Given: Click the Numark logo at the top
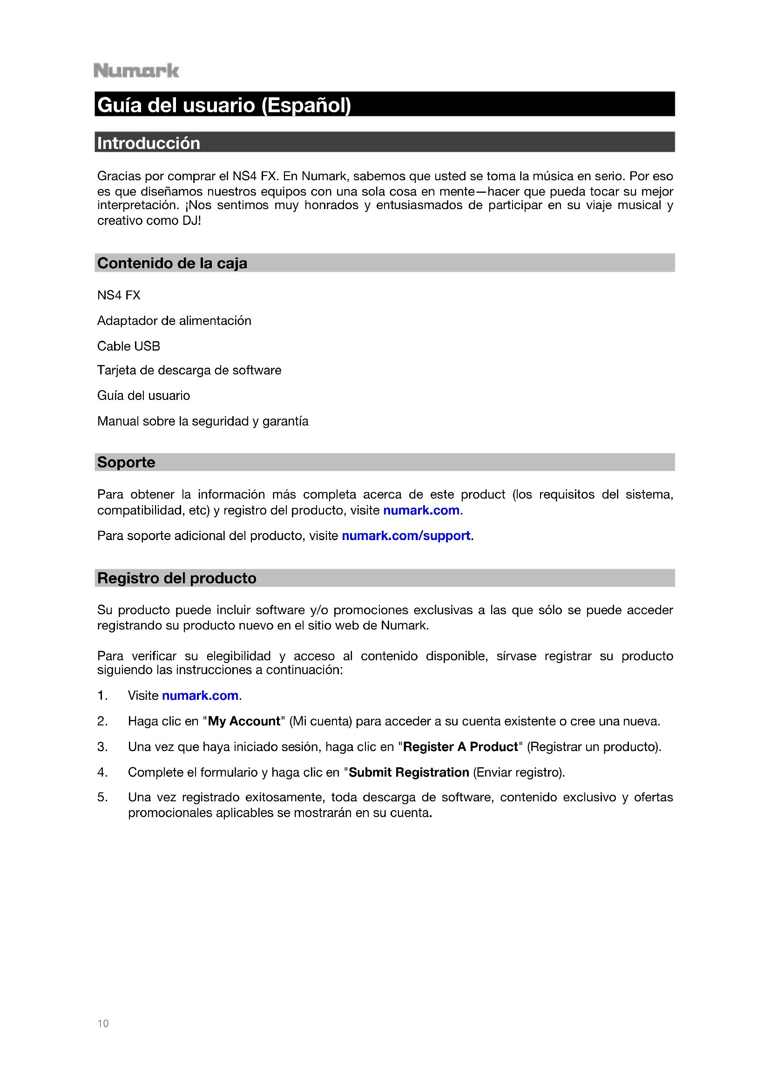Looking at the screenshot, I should pyautogui.click(x=136, y=71).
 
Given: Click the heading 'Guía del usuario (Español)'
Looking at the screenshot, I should pyautogui.click(x=224, y=105).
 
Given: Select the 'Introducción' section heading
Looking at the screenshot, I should pyautogui.click(x=149, y=143).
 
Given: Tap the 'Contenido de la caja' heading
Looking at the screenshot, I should pyautogui.click(x=172, y=263).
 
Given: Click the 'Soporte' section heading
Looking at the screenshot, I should pyautogui.click(x=126, y=462).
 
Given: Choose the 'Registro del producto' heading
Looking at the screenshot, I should pyautogui.click(x=176, y=578).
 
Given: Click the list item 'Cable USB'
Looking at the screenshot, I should pyautogui.click(x=128, y=346).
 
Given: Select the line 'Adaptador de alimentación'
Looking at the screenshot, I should pyautogui.click(x=174, y=321).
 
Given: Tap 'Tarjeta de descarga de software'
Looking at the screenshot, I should pyautogui.click(x=189, y=370).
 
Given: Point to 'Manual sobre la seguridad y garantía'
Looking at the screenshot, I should pyautogui.click(x=203, y=421).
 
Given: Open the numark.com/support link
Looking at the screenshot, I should pyautogui.click(x=406, y=535).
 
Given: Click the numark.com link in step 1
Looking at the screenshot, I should pyautogui.click(x=200, y=695).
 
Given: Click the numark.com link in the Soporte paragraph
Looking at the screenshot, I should pyautogui.click(x=421, y=510).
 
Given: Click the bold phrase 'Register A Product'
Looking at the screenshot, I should pyautogui.click(x=460, y=746).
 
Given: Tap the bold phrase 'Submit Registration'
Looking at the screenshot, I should pyautogui.click(x=409, y=772).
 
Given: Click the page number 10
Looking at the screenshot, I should pyautogui.click(x=103, y=1023).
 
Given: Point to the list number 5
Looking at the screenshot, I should pyautogui.click(x=102, y=797).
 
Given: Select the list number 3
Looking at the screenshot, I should pyautogui.click(x=102, y=746).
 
